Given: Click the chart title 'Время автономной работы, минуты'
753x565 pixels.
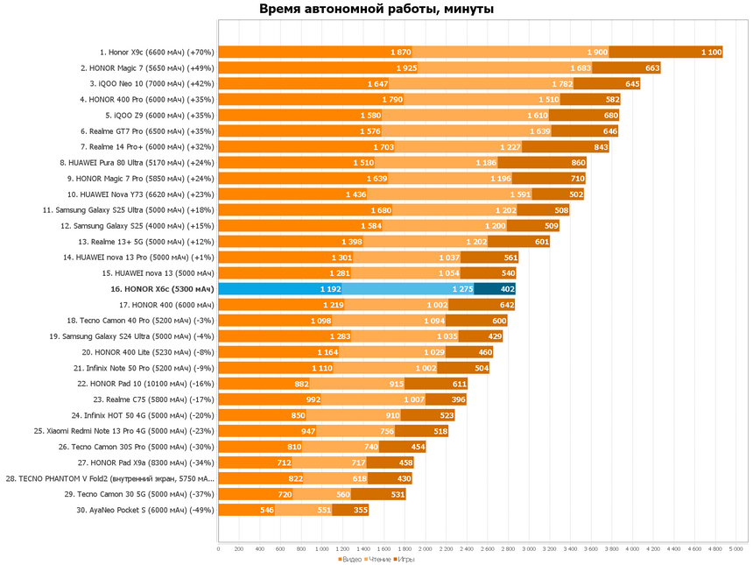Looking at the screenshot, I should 376,10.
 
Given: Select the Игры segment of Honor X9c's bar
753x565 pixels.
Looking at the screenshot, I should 665,53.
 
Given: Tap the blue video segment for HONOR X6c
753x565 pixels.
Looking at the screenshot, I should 280,289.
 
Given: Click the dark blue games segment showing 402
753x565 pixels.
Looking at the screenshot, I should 495,289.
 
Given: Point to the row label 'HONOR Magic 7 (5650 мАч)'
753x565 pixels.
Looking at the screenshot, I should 148,68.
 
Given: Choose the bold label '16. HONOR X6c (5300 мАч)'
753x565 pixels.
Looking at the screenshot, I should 161,289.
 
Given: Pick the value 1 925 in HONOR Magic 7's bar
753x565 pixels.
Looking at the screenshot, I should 406,68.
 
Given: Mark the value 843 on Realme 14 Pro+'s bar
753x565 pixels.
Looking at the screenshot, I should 601,147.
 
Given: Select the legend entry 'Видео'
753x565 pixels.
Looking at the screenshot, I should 350,558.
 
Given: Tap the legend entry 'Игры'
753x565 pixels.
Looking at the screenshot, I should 407,558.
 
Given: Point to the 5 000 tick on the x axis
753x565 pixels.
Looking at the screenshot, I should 736,548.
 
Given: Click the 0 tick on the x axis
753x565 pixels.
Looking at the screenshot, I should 218,548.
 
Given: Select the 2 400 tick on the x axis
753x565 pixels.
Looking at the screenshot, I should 467,548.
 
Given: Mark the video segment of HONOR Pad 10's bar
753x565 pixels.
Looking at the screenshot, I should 264,384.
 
